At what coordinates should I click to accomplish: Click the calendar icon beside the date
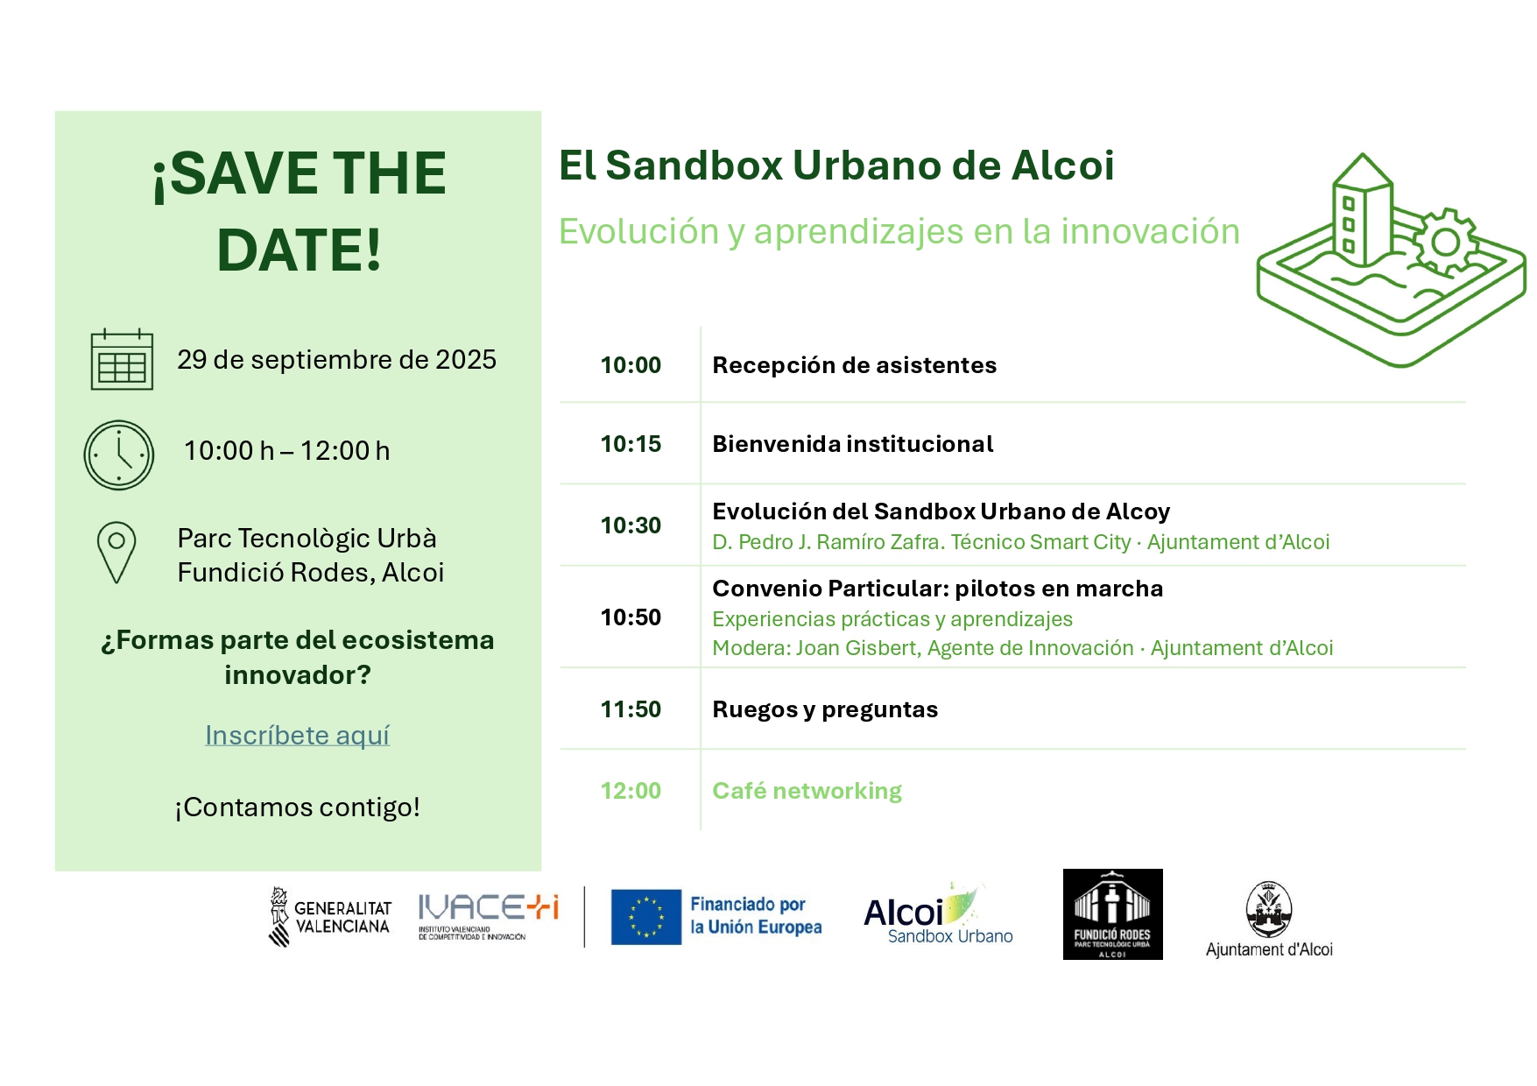(x=122, y=359)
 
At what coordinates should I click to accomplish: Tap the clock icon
(x=118, y=455)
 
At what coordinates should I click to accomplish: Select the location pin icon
(x=116, y=553)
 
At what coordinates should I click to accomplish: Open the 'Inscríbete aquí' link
(x=297, y=735)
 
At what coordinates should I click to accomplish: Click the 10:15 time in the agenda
(x=631, y=444)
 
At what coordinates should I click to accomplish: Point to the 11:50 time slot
(x=631, y=709)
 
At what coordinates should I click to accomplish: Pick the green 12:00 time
(x=631, y=791)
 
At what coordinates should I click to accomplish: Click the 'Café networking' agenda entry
(x=807, y=791)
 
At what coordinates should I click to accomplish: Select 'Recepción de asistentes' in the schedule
(x=854, y=365)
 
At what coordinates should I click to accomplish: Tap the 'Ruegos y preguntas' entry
(x=825, y=709)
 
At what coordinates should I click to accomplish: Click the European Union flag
(x=646, y=917)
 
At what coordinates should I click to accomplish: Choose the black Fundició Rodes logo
(x=1112, y=914)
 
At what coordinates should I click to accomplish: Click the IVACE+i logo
(x=488, y=916)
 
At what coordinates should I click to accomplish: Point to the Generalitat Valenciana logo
(x=329, y=917)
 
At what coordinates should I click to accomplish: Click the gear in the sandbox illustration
(x=1445, y=242)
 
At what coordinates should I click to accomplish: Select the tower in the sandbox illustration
(x=1362, y=210)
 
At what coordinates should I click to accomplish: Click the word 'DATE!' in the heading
(x=300, y=250)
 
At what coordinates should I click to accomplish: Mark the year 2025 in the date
(x=466, y=359)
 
